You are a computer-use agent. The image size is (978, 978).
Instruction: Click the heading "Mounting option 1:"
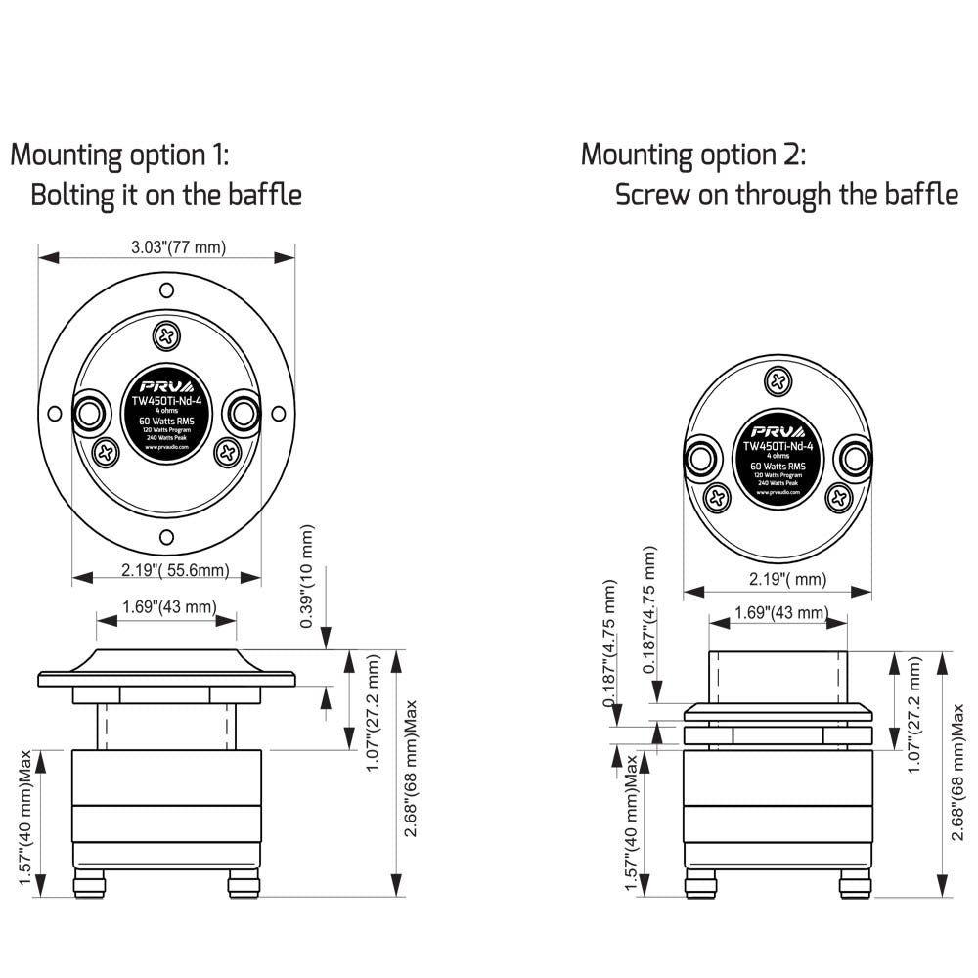point(119,155)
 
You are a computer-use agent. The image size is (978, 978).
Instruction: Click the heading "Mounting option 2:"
point(693,155)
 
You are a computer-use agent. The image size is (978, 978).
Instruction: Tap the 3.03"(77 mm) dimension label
point(179,247)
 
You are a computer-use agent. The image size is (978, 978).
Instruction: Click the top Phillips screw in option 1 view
point(167,337)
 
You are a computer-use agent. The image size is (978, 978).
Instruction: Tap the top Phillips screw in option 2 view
point(778,380)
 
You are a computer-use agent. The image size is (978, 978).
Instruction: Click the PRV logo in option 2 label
point(778,430)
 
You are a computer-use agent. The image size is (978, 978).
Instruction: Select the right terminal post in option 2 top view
point(854,457)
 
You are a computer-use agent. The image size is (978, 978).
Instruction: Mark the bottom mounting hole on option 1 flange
point(167,536)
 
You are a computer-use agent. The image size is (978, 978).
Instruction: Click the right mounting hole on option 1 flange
point(279,413)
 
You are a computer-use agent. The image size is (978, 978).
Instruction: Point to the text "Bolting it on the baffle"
point(166,195)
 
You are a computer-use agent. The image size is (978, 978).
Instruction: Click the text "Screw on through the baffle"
point(786,195)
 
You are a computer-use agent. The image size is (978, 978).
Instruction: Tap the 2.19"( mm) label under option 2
point(778,579)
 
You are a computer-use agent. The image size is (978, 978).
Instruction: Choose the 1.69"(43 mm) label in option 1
point(169,607)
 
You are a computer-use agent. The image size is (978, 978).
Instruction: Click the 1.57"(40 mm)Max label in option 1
point(26,818)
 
